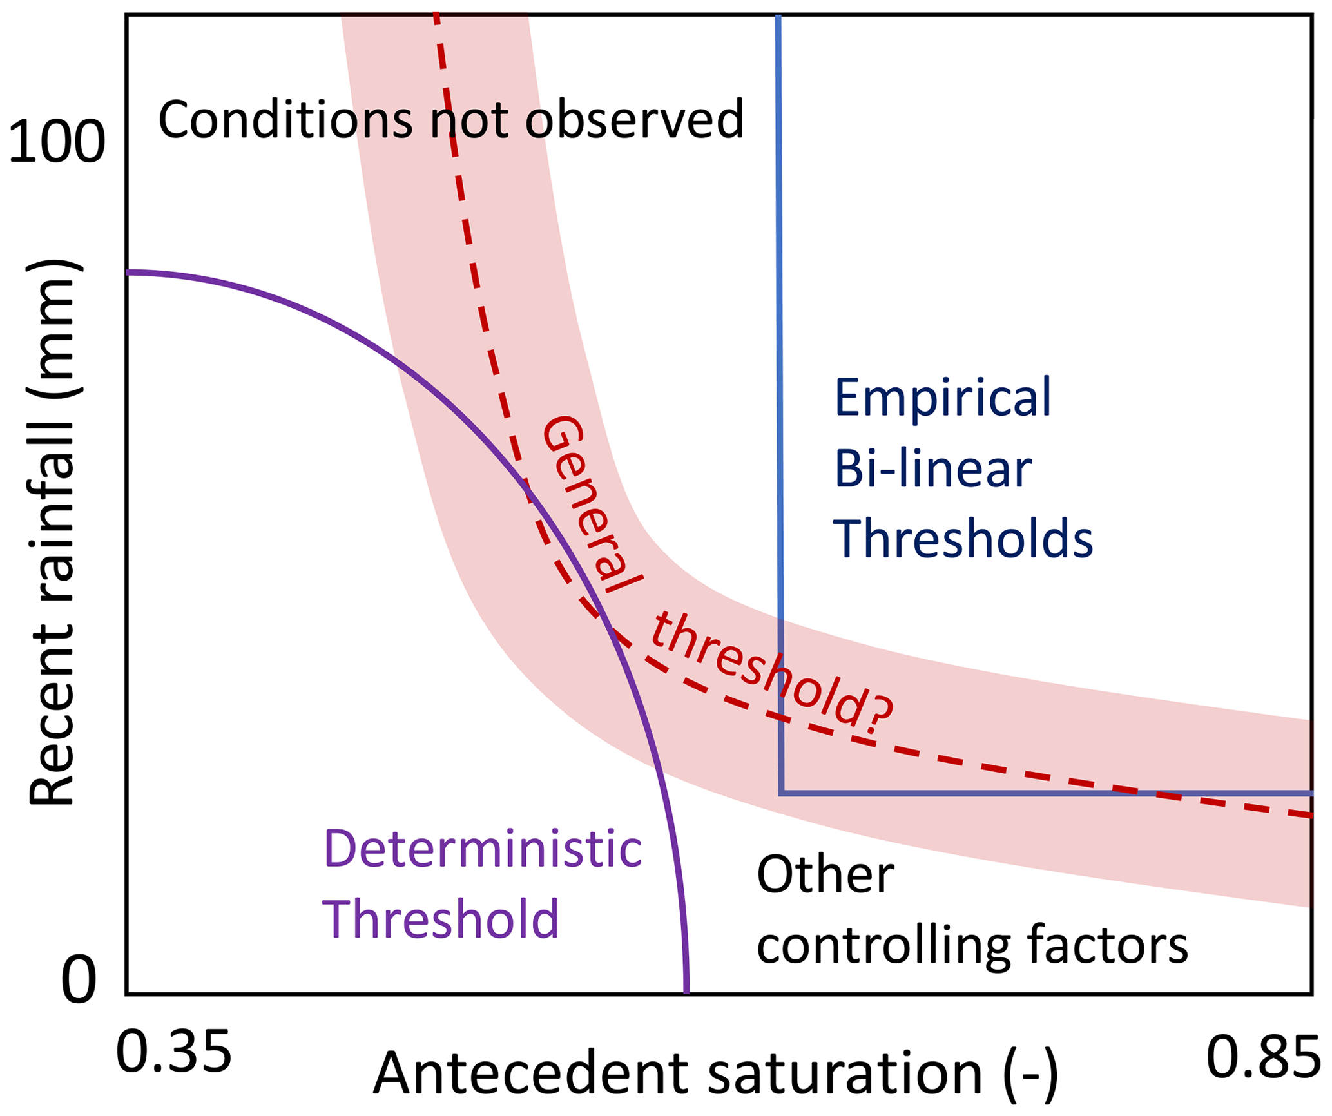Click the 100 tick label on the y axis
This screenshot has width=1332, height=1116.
pos(57,142)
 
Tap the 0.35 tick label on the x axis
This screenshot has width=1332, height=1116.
pos(173,1052)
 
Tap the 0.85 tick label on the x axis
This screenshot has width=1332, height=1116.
pos(1263,1057)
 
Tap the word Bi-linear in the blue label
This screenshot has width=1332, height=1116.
pos(933,469)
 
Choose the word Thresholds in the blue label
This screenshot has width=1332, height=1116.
pos(963,539)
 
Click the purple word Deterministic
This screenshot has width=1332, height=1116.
pos(483,849)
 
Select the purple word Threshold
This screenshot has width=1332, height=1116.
pos(440,919)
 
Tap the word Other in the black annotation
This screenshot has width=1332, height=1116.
pos(825,875)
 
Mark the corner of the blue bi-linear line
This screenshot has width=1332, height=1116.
pos(781,793)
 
